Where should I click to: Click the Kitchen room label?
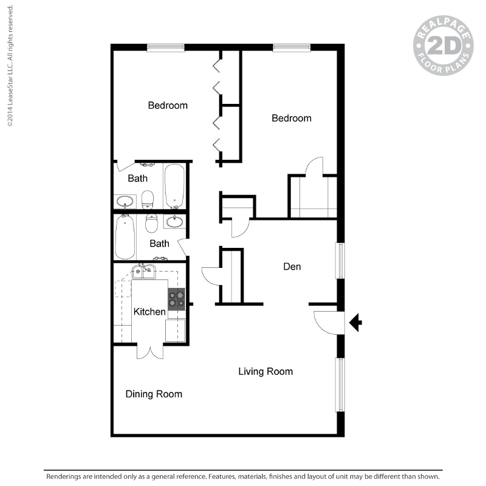coord(149,312)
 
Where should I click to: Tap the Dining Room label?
coord(154,394)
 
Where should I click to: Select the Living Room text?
coord(265,371)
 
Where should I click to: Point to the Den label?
coord(292,266)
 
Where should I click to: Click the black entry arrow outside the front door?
coord(356,323)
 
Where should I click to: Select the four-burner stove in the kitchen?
coord(177,299)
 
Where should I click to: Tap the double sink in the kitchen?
coord(144,272)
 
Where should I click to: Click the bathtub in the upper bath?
coord(174,185)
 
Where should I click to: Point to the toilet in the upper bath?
coord(148,198)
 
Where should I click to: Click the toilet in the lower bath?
coord(151,223)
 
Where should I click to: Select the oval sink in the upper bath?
coord(125,201)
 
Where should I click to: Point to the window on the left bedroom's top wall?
coord(166,47)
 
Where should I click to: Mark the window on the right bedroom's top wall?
coord(292,47)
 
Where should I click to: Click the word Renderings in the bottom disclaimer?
coord(66,477)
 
